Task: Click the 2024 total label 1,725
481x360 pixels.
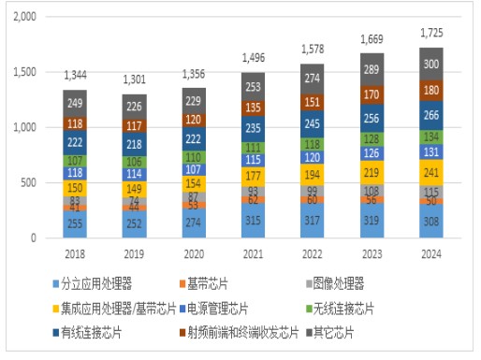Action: (x=431, y=36)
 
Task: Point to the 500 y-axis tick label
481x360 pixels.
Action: (x=34, y=182)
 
